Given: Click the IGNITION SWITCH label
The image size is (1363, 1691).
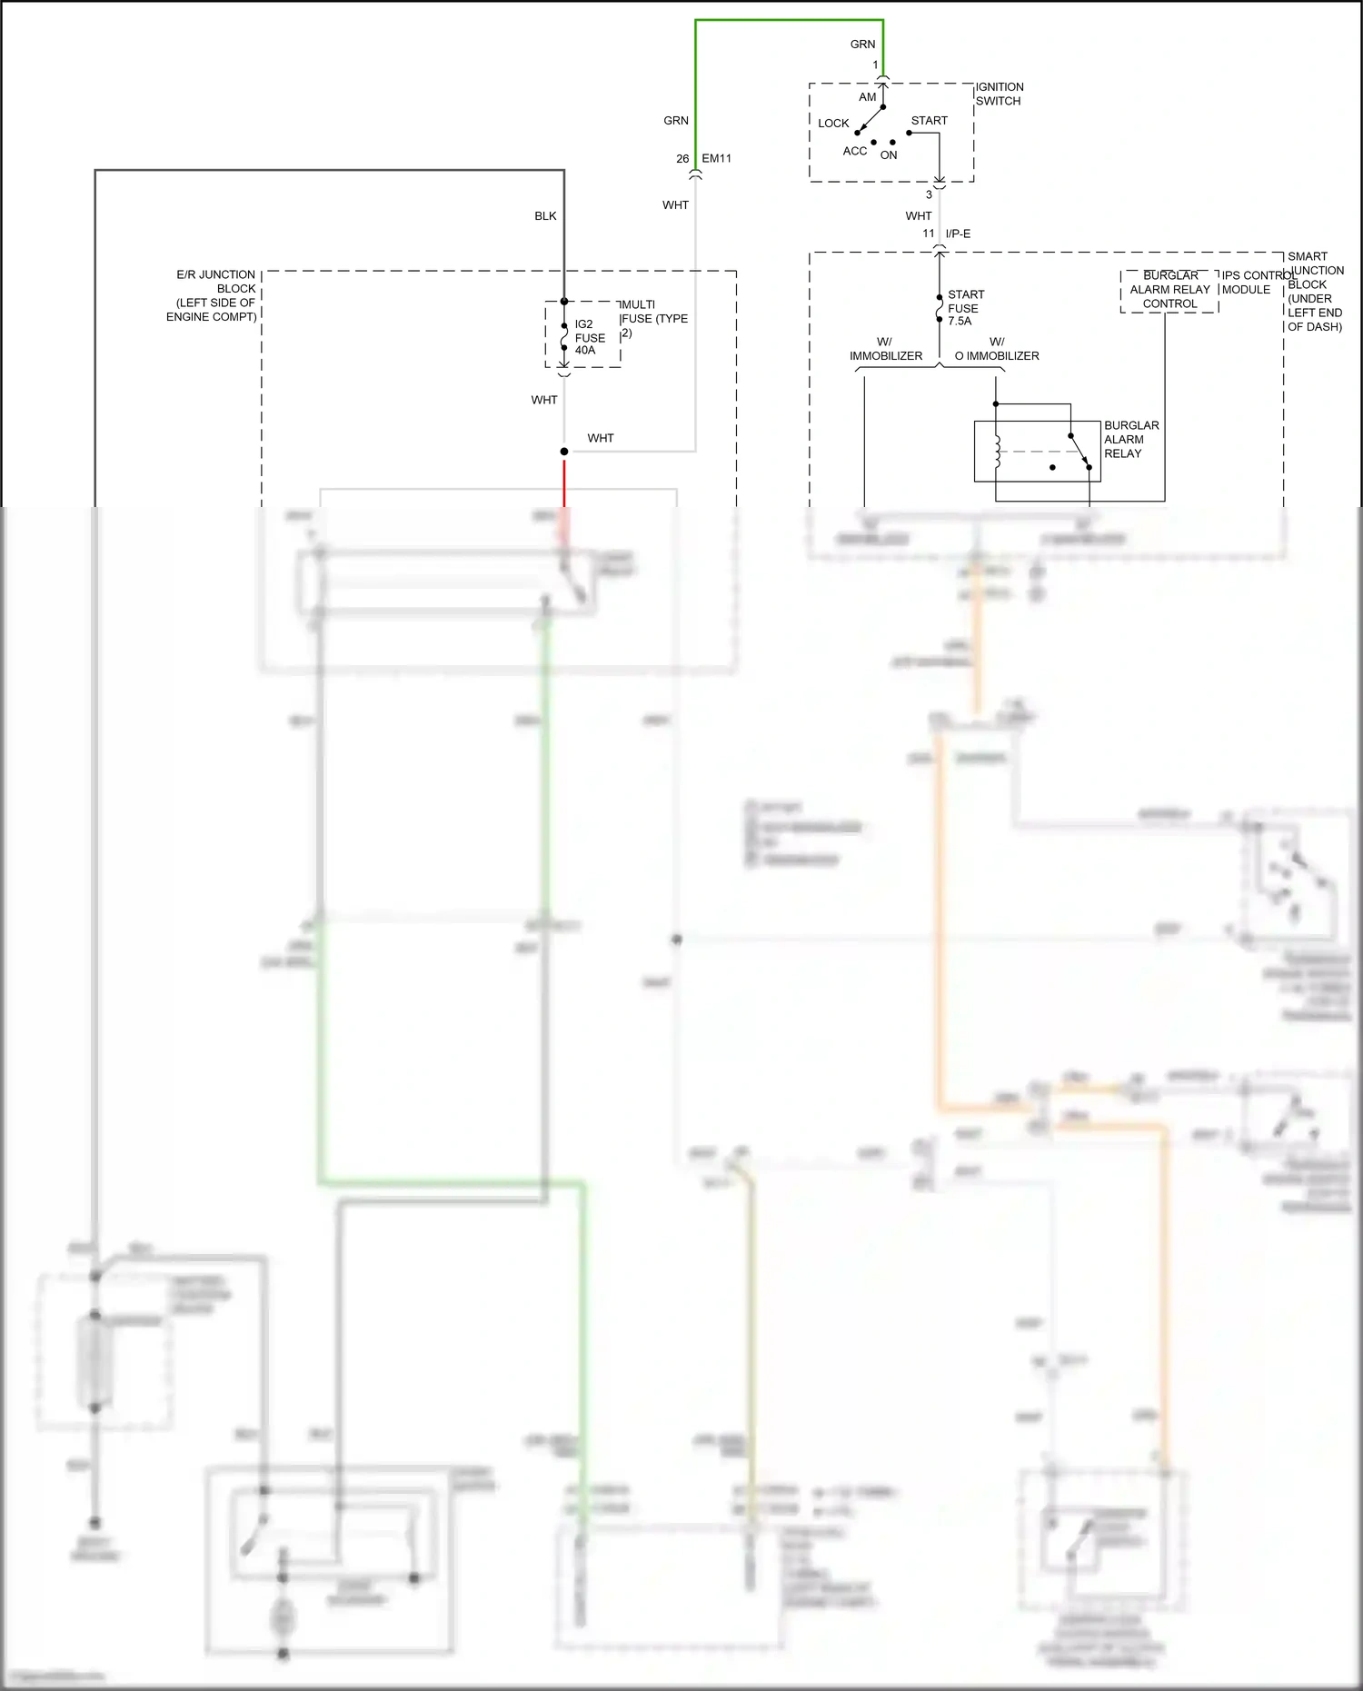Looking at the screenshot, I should click(x=999, y=94).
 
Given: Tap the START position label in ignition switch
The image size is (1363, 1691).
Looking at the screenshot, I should click(x=929, y=120).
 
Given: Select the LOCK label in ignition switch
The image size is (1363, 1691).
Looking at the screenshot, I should click(x=832, y=123).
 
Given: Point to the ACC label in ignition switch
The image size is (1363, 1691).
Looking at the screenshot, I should click(x=854, y=151).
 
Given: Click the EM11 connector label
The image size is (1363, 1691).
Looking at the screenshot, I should click(x=716, y=158).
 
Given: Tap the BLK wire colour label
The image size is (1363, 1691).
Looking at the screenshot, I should click(x=545, y=215).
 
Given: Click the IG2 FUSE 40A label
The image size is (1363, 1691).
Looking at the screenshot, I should click(x=589, y=337).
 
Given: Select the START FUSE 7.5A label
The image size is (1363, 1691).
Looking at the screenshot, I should click(x=965, y=307).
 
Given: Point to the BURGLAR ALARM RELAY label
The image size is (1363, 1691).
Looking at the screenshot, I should click(x=1130, y=439).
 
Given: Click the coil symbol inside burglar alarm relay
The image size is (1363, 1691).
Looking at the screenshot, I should click(x=998, y=452).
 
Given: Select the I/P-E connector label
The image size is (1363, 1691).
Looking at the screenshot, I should click(x=958, y=234).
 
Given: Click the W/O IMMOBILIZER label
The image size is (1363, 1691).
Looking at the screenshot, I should click(x=997, y=349).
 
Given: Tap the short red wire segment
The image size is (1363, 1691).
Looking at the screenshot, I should click(x=564, y=482).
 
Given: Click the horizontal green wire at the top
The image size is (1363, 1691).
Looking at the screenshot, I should click(x=789, y=20).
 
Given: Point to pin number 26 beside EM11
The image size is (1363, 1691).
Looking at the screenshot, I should click(x=682, y=158).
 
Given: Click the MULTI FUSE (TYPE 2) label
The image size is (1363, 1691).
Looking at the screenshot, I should click(x=653, y=318).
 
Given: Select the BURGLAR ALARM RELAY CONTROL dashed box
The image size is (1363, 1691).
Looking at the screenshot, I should click(x=1169, y=290).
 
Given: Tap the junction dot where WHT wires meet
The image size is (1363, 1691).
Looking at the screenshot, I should click(x=564, y=452).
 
